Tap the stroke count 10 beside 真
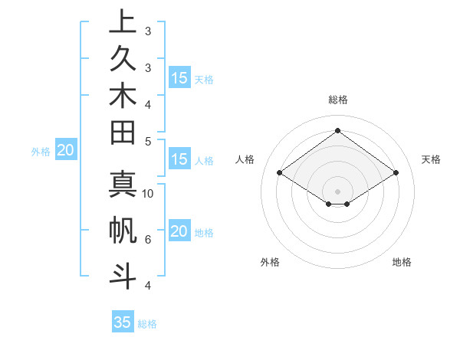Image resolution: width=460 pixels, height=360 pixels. (x=149, y=194)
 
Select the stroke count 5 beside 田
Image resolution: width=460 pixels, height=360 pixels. (x=148, y=142)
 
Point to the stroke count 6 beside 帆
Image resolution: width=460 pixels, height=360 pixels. (x=148, y=240)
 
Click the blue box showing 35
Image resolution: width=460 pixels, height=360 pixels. (x=123, y=322)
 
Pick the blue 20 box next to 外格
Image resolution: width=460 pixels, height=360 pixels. (x=66, y=151)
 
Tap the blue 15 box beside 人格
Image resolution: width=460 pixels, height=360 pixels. (x=179, y=160)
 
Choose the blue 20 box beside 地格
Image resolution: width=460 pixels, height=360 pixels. (x=179, y=232)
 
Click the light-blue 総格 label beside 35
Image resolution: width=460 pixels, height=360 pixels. (x=147, y=324)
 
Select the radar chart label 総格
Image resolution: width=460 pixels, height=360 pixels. (x=337, y=100)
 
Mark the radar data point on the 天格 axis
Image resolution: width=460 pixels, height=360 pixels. (x=396, y=173)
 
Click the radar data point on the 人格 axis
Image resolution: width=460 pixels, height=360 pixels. (x=279, y=173)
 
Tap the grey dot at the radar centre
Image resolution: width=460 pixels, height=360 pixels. (x=337, y=191)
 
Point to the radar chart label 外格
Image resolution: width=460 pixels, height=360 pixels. (x=270, y=263)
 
